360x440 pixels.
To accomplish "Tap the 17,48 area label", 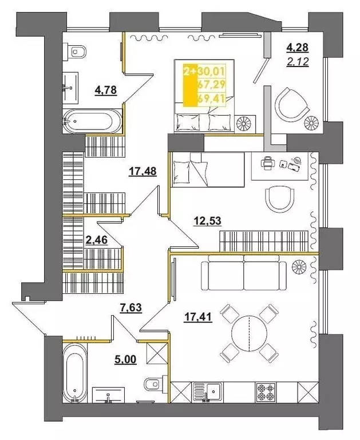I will click(x=143, y=171).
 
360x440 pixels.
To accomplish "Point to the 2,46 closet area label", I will click(x=96, y=242).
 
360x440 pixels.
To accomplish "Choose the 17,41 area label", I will click(x=198, y=316).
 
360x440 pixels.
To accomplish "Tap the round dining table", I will click(x=250, y=333).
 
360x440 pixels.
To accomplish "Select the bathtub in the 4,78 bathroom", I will click(x=92, y=121).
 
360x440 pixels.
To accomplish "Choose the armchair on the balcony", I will click(x=291, y=104).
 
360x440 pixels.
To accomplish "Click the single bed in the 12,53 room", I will click(x=207, y=169).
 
